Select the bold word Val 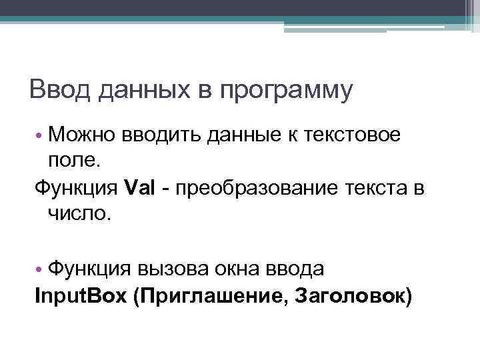tap(140, 188)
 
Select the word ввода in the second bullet tap(300, 270)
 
